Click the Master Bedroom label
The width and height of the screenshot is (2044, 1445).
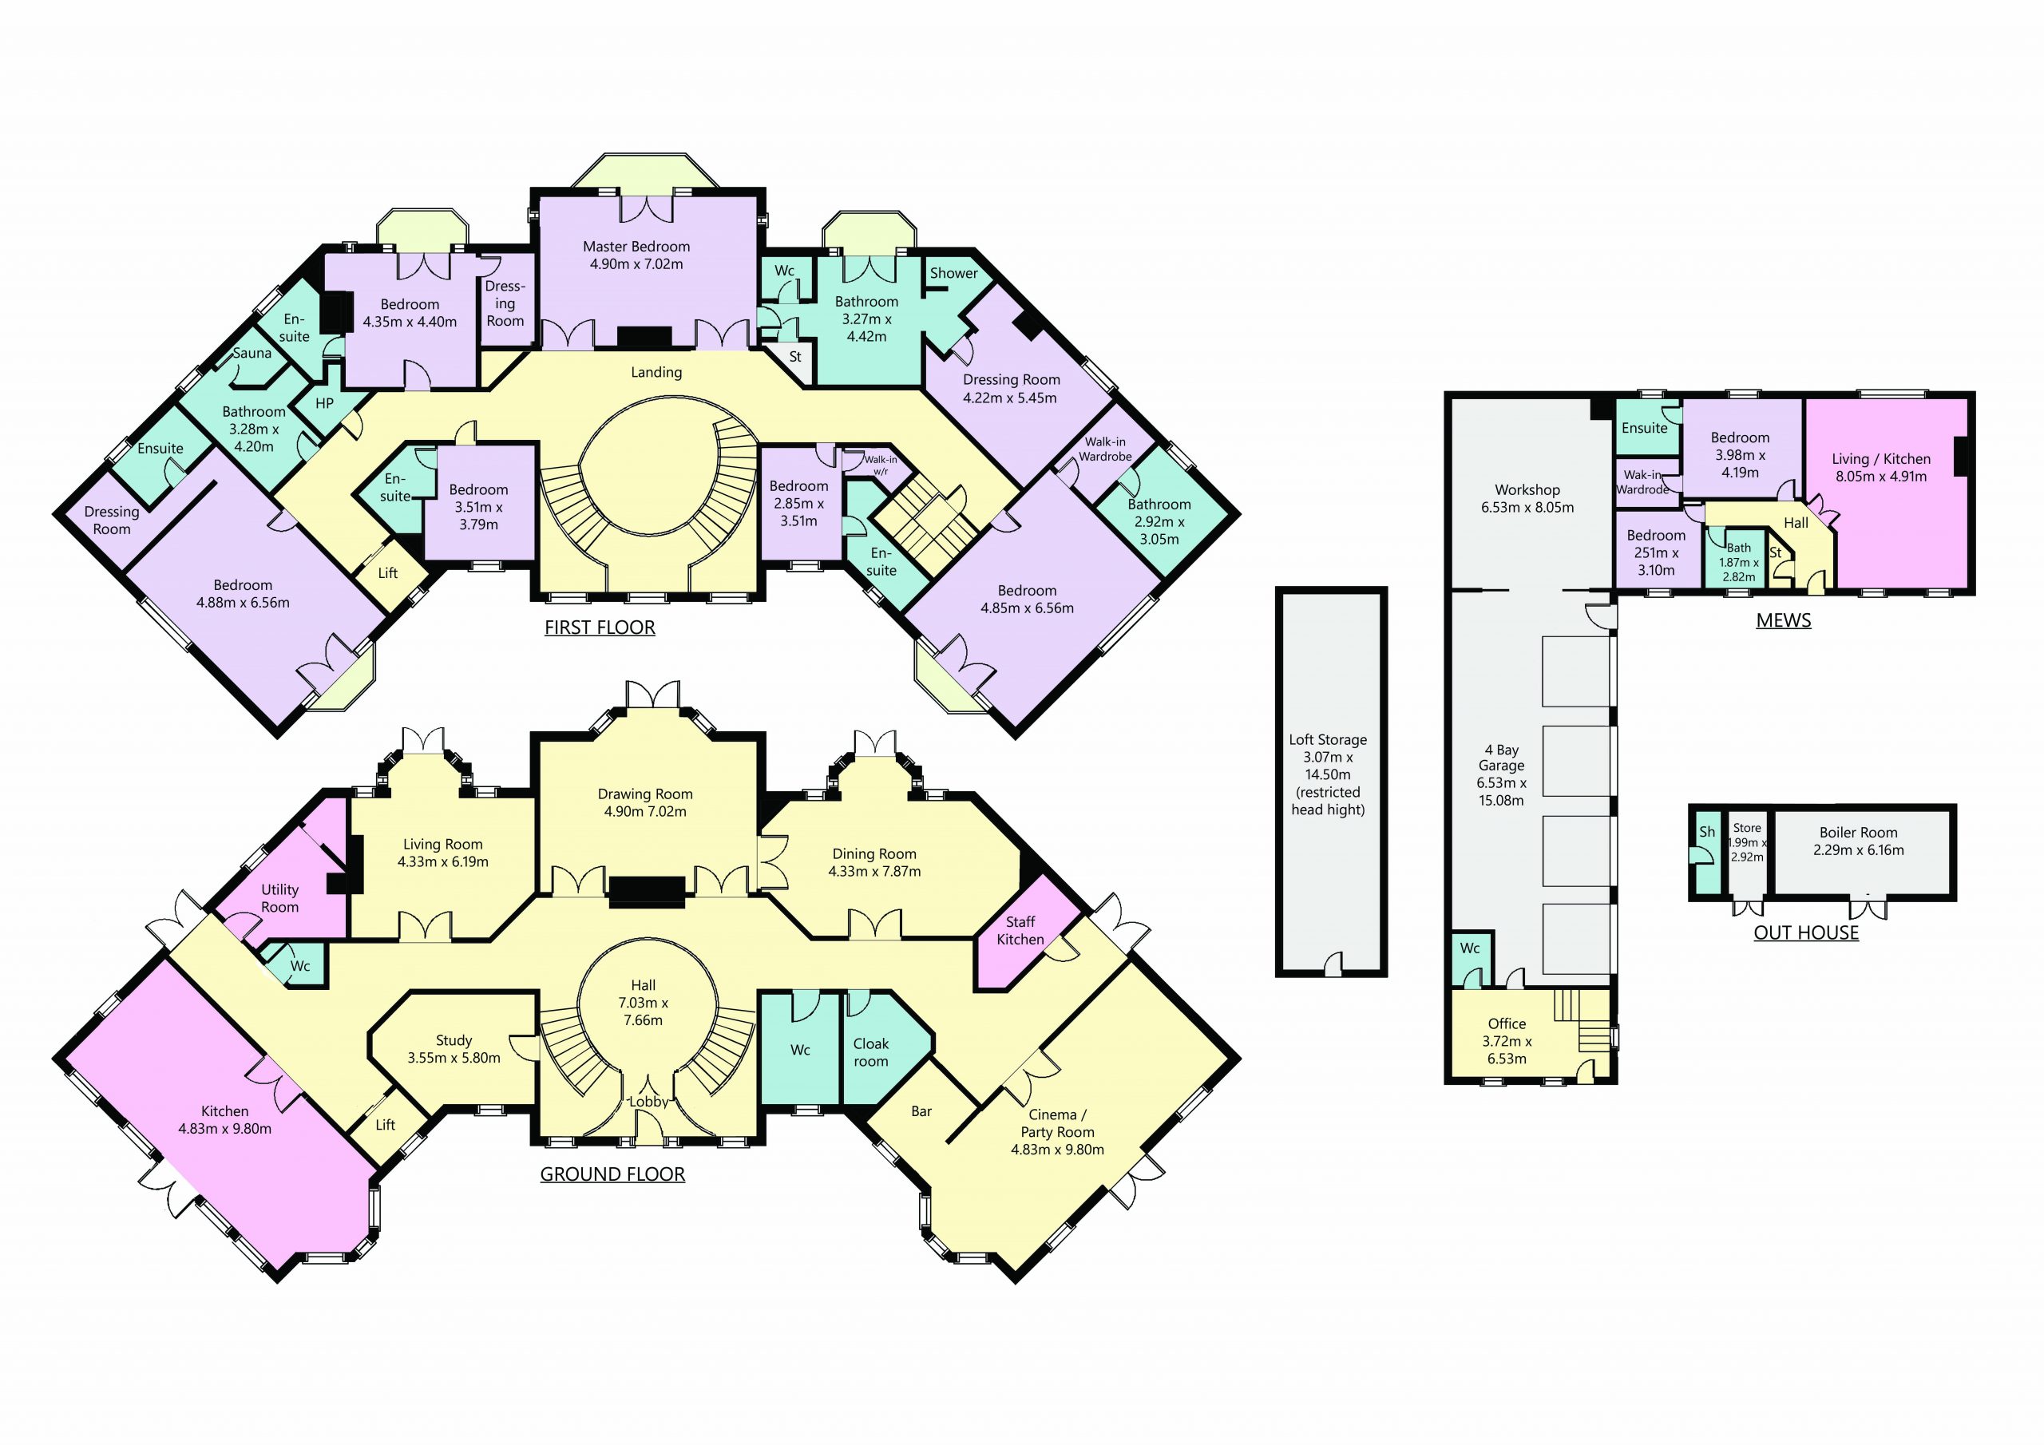pos(636,247)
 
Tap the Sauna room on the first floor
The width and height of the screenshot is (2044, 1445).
pos(252,354)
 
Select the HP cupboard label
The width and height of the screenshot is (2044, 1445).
pos(325,403)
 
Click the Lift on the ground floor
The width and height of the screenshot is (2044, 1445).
pos(386,1126)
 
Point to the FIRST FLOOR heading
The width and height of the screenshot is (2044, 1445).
pos(600,627)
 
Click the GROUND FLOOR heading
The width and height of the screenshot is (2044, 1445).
pos(612,1174)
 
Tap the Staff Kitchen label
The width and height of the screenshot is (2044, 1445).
pos(1020,930)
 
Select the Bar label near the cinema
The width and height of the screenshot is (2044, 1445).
pos(921,1111)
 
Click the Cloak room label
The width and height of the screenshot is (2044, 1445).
pos(870,1052)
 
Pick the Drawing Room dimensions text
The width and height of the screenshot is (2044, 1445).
pos(645,812)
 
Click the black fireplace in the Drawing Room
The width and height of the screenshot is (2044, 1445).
pos(646,891)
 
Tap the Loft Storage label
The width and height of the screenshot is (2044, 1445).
pos(1329,740)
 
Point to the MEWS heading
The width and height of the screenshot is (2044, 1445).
pos(1783,620)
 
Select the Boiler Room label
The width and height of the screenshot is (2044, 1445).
pos(1858,833)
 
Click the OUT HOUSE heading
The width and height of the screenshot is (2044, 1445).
pos(1806,933)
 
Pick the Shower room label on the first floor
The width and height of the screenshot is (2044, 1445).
pos(953,273)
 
